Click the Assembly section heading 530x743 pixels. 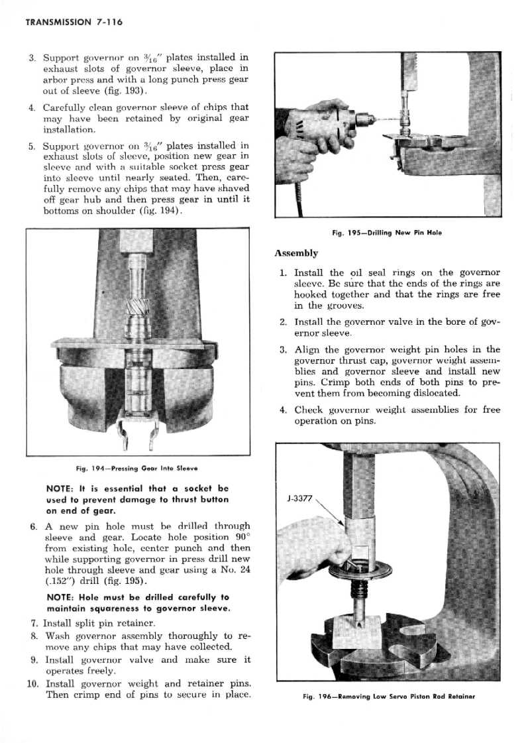296,253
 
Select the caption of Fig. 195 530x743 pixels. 387,233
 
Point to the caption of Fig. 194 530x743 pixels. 137,469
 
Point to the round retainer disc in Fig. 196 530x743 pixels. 360,569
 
